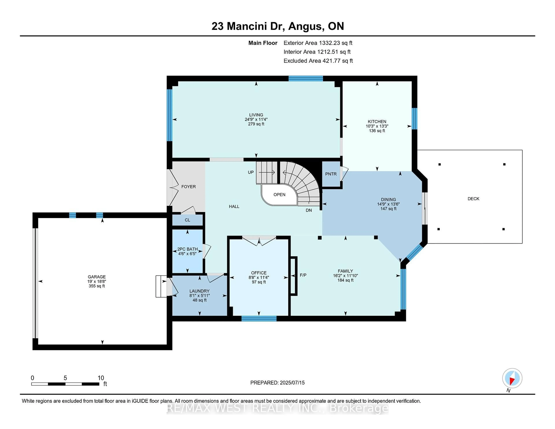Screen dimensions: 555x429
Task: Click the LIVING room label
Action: pyautogui.click(x=256, y=115)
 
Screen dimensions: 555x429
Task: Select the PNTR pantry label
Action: pyautogui.click(x=331, y=174)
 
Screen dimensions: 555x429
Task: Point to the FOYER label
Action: pyautogui.click(x=189, y=187)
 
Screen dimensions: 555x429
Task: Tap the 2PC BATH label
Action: pyautogui.click(x=188, y=249)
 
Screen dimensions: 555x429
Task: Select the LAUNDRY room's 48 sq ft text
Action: pyautogui.click(x=199, y=300)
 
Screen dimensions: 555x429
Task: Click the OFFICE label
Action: pyautogui.click(x=259, y=273)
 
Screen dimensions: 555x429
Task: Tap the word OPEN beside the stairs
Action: pyautogui.click(x=279, y=195)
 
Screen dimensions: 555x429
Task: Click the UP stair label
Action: pyautogui.click(x=251, y=172)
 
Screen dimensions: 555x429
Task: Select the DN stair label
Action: pyautogui.click(x=309, y=210)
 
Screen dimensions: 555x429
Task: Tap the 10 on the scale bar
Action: pyautogui.click(x=101, y=378)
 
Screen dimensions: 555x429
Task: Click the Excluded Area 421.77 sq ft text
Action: pyautogui.click(x=318, y=61)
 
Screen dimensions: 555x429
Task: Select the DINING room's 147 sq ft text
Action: pyautogui.click(x=388, y=209)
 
